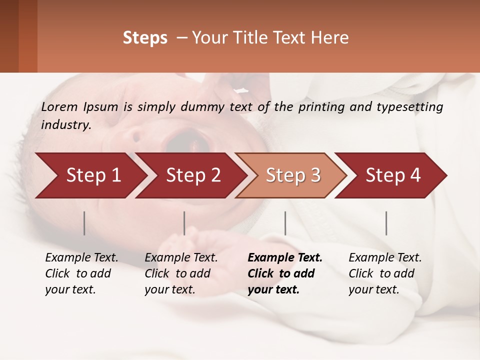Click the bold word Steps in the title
tap(145, 38)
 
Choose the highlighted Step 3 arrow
tap(293, 175)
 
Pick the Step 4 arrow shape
tap(393, 175)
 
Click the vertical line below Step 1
tap(84, 223)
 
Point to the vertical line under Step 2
tap(184, 223)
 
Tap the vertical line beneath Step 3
tap(285, 223)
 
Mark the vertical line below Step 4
tap(386, 223)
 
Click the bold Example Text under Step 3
tap(285, 258)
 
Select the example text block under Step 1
tap(81, 273)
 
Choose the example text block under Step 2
tap(181, 273)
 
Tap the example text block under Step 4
tap(385, 273)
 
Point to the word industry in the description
tap(65, 125)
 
